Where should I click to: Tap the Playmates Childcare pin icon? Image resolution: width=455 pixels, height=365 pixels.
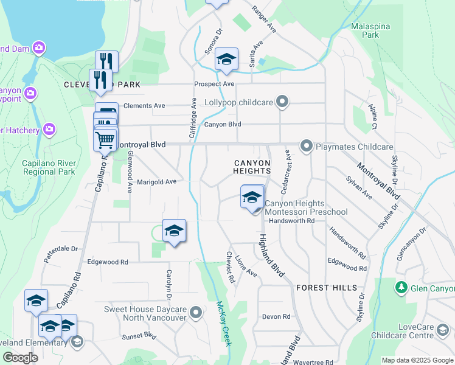306,146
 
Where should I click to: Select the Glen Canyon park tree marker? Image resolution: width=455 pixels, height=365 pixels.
400,287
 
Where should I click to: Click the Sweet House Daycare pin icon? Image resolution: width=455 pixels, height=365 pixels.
196,313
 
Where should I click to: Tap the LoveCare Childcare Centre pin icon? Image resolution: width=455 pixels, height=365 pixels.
446,331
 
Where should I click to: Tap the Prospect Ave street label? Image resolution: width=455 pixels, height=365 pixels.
214,84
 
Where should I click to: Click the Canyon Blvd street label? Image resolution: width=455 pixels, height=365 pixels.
223,125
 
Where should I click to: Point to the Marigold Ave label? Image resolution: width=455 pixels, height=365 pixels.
156,181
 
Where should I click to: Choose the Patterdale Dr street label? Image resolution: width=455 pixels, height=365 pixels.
62,249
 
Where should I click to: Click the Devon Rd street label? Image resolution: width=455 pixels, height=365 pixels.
277,317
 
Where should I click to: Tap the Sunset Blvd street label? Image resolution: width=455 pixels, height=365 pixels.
139,336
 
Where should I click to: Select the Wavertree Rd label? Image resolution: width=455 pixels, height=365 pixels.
314,362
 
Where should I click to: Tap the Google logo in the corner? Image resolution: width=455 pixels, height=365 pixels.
20,358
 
